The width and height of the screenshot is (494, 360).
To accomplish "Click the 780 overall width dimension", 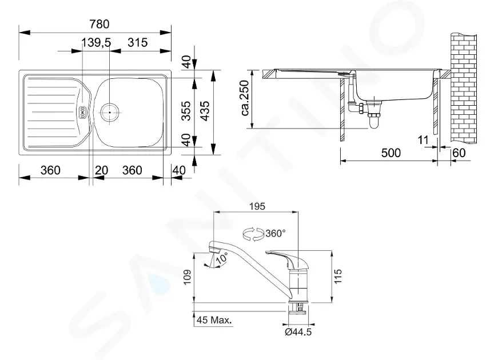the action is pyautogui.click(x=99, y=24).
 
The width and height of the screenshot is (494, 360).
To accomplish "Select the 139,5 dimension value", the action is pyautogui.click(x=96, y=42).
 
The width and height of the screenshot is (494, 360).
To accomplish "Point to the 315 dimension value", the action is pyautogui.click(x=138, y=42).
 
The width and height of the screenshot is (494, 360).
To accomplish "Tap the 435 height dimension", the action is pyautogui.click(x=205, y=111).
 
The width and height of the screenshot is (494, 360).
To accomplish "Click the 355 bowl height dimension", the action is pyautogui.click(x=186, y=111).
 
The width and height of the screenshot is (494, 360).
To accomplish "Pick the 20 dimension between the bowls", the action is pyautogui.click(x=101, y=170).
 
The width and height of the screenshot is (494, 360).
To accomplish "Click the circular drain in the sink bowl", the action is pyautogui.click(x=110, y=112).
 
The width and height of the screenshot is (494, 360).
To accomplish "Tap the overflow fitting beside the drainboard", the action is pyautogui.click(x=82, y=113).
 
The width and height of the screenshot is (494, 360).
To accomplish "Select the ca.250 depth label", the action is pyautogui.click(x=245, y=98).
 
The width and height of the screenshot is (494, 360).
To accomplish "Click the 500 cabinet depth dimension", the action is pyautogui.click(x=391, y=153).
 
